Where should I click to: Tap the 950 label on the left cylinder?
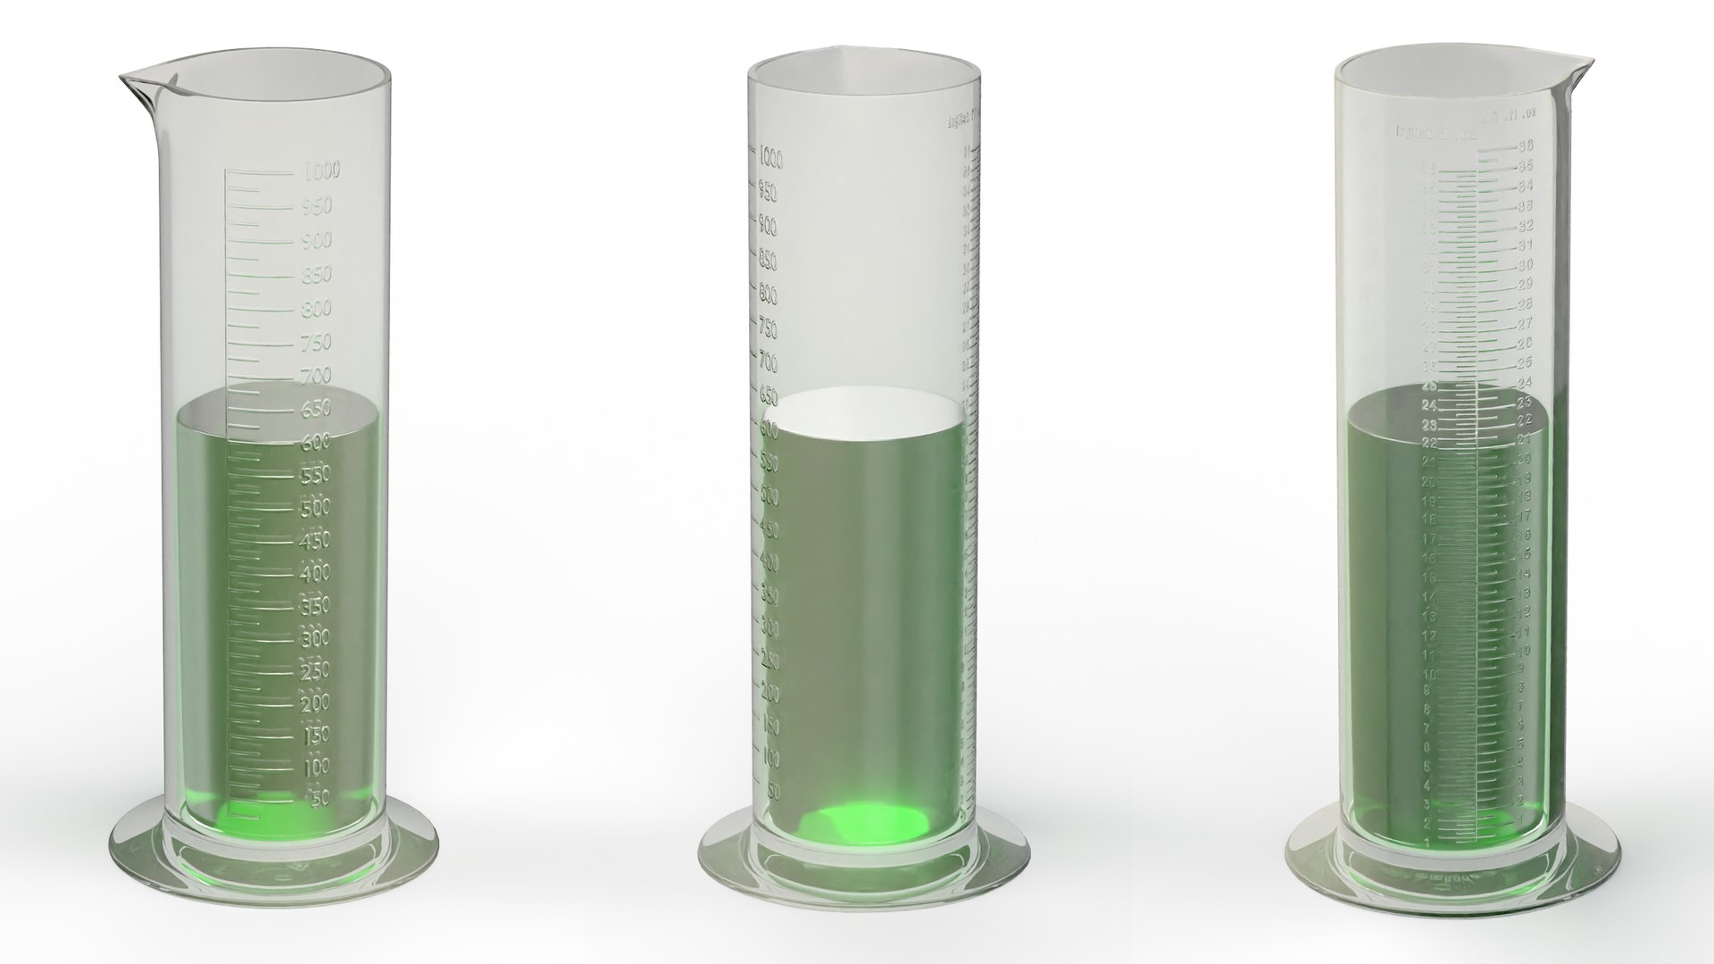coord(318,206)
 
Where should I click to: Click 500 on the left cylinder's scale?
coord(317,507)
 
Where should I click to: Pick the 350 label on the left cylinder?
coord(317,605)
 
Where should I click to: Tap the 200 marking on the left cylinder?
coord(317,702)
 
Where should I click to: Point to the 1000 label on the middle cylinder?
coord(770,160)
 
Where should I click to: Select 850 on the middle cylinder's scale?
coord(768,262)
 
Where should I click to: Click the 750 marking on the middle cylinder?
coord(768,329)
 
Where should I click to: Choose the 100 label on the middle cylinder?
coord(770,759)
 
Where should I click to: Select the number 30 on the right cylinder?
coord(1525,265)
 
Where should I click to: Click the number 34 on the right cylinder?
coord(1525,187)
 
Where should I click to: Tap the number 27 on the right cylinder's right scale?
coord(1525,324)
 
